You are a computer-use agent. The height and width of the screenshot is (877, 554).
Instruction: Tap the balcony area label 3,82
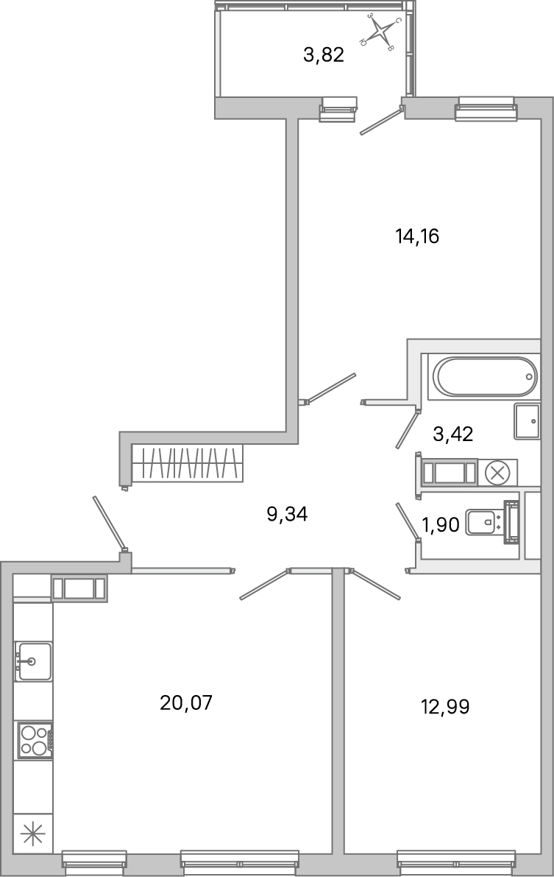[x=324, y=55]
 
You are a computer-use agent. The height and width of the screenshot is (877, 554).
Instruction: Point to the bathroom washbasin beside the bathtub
[x=527, y=420]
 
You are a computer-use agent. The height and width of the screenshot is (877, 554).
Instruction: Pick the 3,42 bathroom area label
[x=452, y=434]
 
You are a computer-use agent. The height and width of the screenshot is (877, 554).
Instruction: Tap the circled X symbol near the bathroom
[x=497, y=473]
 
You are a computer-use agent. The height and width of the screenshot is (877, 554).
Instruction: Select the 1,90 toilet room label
[x=440, y=524]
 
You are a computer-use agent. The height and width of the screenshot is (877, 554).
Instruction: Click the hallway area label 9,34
[x=287, y=514]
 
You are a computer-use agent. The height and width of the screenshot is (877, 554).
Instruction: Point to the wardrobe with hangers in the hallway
[x=187, y=465]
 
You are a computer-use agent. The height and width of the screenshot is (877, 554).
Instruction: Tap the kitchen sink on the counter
[x=33, y=661]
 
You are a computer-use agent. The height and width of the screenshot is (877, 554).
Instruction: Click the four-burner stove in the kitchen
[x=34, y=740]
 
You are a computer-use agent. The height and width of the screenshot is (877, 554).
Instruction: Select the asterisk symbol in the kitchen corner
[x=33, y=835]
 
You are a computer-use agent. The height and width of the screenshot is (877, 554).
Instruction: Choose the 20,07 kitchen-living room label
[x=186, y=702]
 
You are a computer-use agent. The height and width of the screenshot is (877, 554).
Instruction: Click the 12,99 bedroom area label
[x=445, y=707]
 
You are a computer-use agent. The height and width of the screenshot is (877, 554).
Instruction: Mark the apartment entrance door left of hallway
[x=109, y=523]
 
